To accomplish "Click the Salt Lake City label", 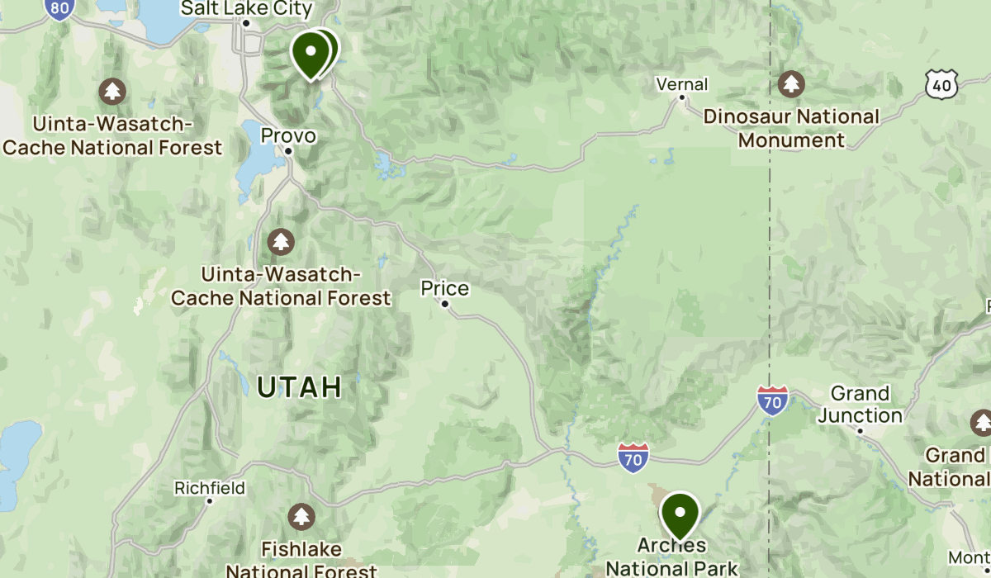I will tap(246, 9).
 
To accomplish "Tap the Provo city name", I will tap(288, 135).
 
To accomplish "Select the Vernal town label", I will tap(682, 84).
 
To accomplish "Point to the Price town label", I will tap(444, 288).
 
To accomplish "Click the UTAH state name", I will tap(299, 386).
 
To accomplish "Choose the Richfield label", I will tap(210, 488).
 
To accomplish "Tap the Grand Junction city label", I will tap(860, 404).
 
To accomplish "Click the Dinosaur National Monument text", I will tap(791, 128).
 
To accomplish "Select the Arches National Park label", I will tap(672, 557).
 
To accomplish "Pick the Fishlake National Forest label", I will tap(301, 559).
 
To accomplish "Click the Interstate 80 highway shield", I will tap(58, 7).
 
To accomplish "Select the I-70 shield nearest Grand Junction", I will tap(772, 400).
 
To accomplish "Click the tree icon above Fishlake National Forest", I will tap(301, 518).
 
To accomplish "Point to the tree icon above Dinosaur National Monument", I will tap(791, 83).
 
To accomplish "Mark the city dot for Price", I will tap(445, 304).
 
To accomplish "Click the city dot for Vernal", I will tap(682, 97).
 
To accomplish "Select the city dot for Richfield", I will tap(210, 501).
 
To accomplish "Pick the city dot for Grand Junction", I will tap(860, 430).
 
